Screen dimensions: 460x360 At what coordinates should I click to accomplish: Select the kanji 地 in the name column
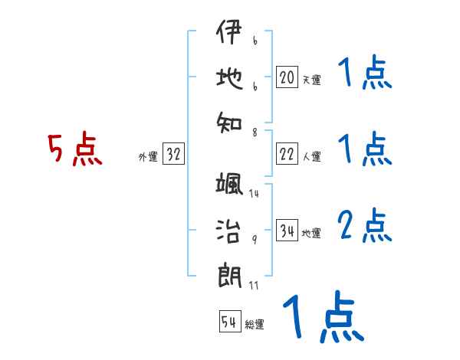click(229, 77)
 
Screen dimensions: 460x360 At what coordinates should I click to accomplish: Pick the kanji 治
click(229, 228)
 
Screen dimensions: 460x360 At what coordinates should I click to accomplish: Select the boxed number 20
click(287, 77)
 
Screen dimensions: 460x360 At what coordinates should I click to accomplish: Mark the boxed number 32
click(173, 155)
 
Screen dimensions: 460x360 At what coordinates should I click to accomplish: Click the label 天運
click(311, 80)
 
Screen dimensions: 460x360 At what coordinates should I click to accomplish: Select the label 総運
click(255, 325)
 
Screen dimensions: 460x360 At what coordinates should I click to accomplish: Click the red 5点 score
click(75, 149)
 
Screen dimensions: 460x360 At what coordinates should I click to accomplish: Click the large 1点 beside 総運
click(322, 317)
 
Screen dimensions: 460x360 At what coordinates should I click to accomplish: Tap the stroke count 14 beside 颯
click(254, 194)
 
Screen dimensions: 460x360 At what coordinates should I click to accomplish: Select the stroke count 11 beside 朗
click(254, 286)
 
